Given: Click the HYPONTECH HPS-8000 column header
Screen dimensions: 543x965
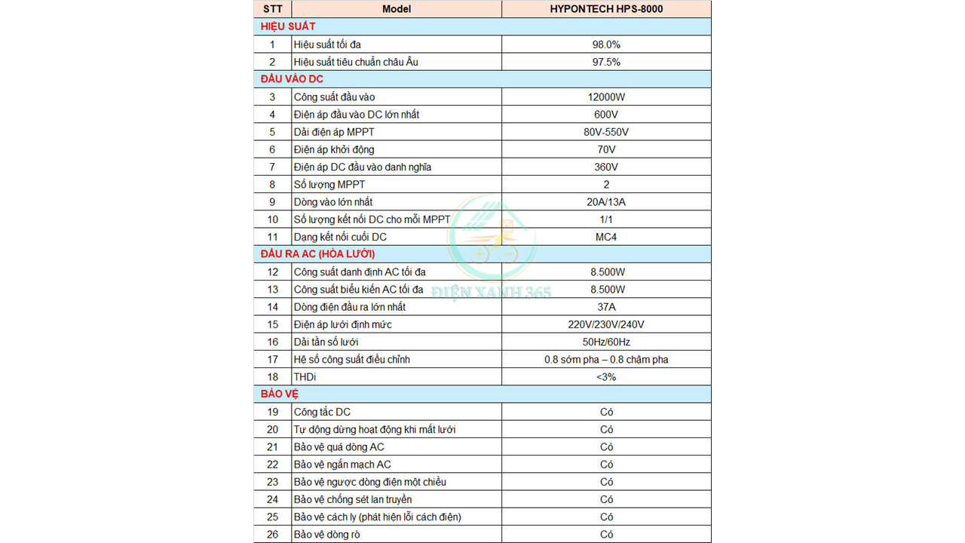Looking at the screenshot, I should point(606,9).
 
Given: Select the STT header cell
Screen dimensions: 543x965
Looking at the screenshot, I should point(272,9).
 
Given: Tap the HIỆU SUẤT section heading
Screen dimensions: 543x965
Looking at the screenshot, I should point(288,26).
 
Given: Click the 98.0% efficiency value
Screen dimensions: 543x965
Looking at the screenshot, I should point(606,44).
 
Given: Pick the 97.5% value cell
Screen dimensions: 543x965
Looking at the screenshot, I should point(606,62).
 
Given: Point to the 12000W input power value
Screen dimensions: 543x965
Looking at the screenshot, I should point(606,97).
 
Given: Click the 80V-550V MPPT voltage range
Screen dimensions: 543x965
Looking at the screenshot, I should point(606,132).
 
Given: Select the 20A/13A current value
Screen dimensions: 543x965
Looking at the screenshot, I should point(606,202).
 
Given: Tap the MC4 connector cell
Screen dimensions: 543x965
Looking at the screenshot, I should point(606,237).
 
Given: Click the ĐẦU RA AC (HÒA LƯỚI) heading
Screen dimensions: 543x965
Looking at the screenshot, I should point(317,254).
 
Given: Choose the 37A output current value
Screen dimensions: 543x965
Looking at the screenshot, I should point(606,307).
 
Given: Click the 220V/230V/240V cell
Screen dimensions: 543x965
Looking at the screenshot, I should point(606,324).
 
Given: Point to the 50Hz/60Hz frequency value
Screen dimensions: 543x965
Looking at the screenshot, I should point(606,342).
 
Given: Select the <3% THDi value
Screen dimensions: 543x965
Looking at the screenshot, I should point(606,376).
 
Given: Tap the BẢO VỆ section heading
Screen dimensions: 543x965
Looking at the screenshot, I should point(280,394).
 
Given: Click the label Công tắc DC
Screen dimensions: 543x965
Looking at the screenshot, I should point(322,412).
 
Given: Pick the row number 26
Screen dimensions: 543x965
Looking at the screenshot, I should point(272,534).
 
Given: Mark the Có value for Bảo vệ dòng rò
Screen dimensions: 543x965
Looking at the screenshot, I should point(606,534).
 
